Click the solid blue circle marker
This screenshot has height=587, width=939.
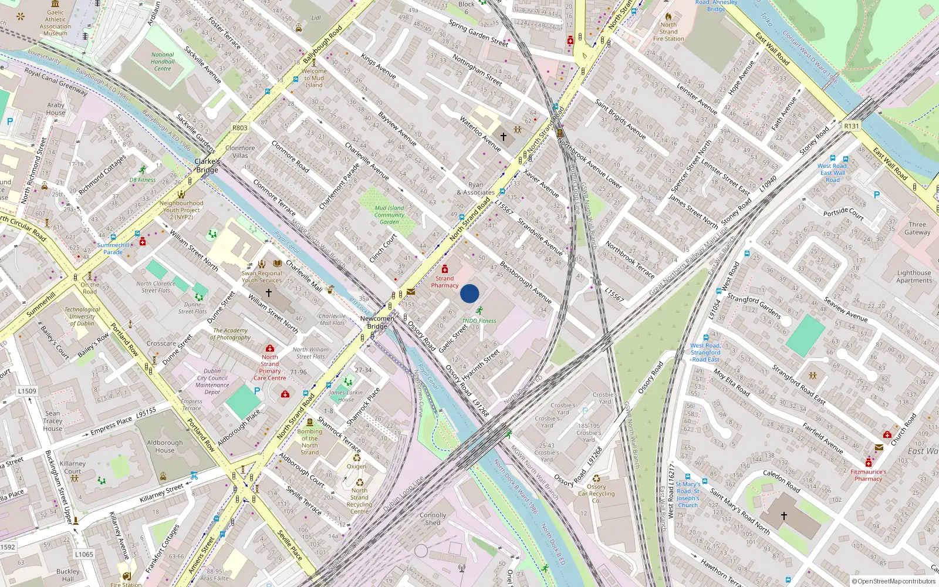(x=469, y=293)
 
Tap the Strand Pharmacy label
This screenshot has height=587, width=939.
(x=444, y=282)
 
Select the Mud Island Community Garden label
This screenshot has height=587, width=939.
(x=389, y=215)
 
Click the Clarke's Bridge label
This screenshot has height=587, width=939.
(x=207, y=166)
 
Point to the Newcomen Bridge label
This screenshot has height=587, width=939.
(x=377, y=322)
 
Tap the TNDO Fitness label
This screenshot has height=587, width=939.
(x=479, y=321)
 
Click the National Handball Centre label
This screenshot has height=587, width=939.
(x=163, y=62)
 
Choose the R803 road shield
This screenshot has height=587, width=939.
(x=239, y=127)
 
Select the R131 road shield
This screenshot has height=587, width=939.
(x=851, y=126)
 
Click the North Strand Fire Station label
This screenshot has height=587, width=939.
(x=668, y=32)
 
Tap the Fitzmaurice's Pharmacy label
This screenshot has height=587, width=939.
(x=868, y=475)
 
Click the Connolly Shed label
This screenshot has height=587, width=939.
(x=433, y=519)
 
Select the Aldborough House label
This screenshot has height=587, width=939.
(x=165, y=447)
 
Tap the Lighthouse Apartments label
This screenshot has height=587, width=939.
(x=914, y=276)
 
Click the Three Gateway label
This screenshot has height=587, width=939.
(x=917, y=228)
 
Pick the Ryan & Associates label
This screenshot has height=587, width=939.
(x=476, y=188)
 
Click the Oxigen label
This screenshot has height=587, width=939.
(x=356, y=467)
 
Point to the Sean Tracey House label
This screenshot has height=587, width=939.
(x=52, y=421)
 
